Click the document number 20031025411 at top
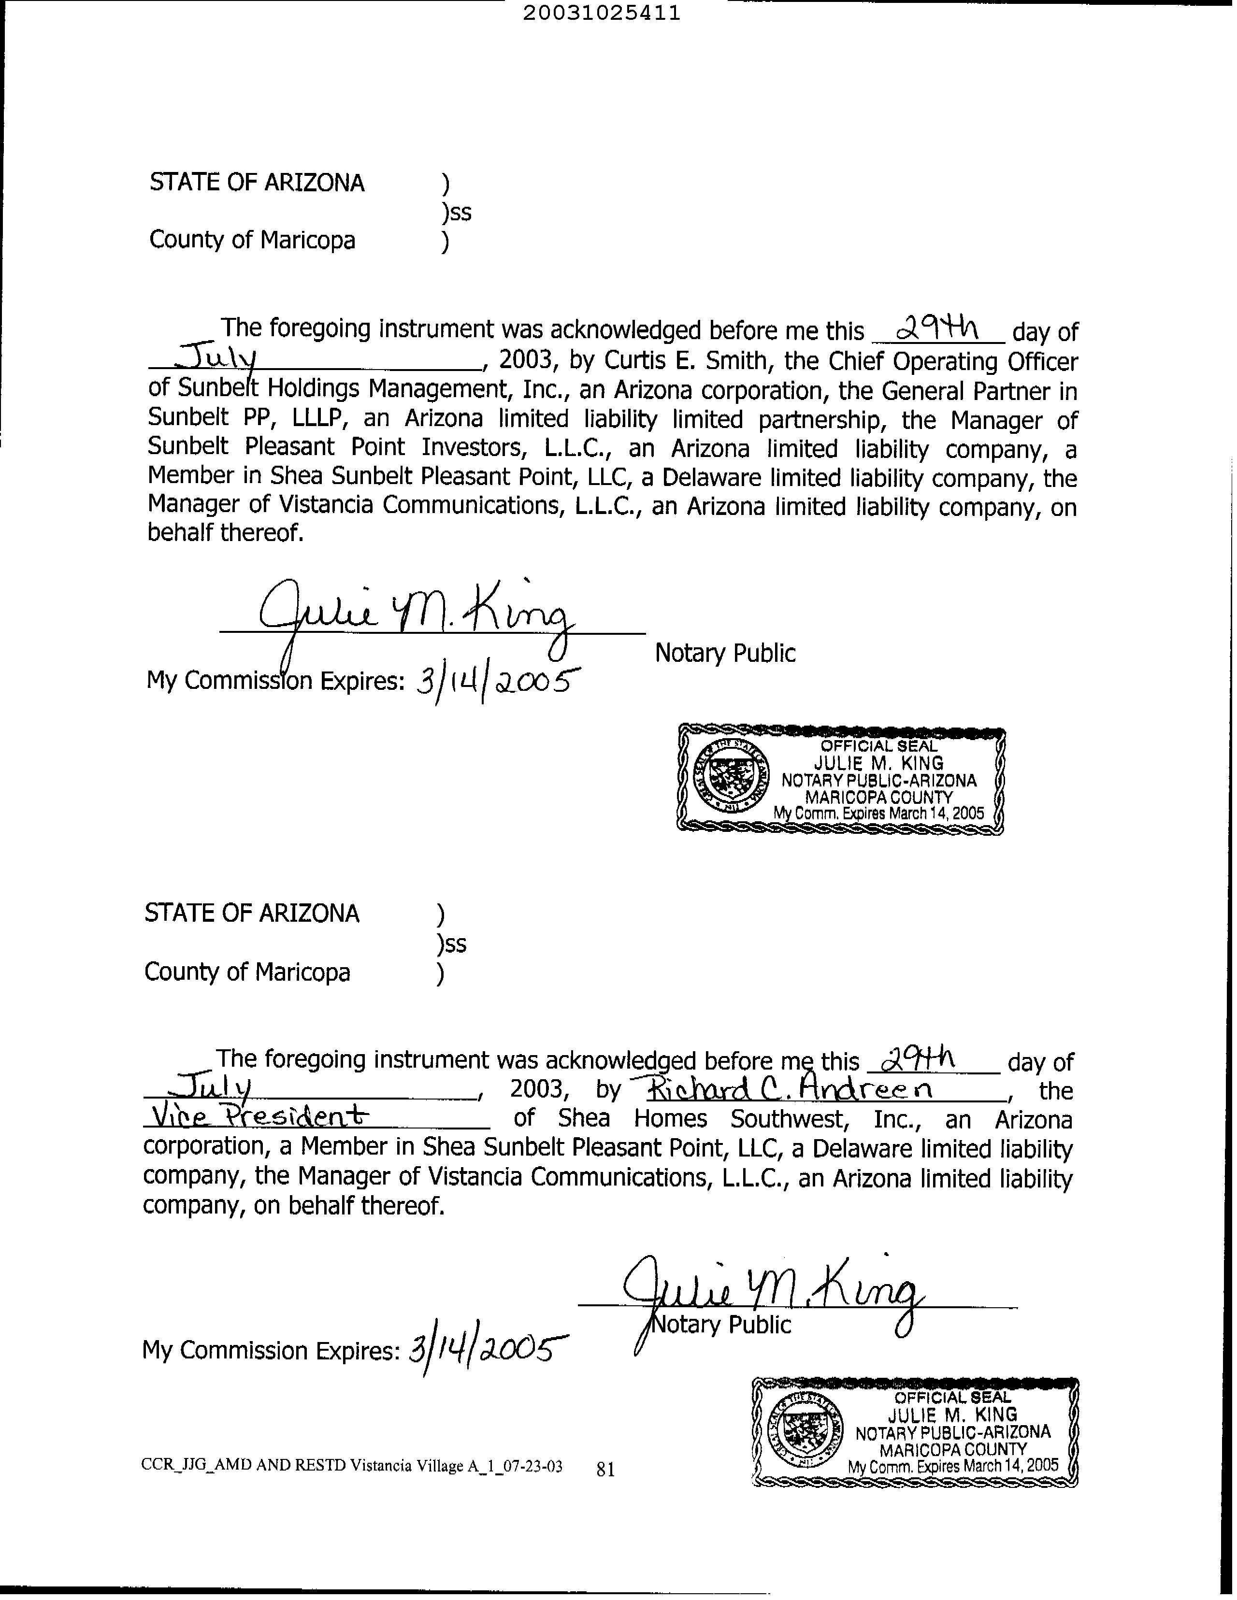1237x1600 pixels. click(x=601, y=13)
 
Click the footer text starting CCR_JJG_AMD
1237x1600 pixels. click(x=352, y=1466)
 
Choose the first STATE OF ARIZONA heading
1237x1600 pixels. click(x=257, y=183)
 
